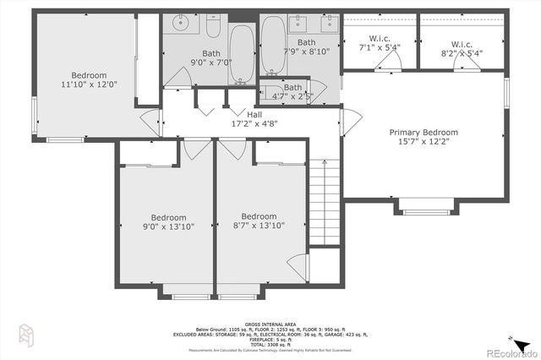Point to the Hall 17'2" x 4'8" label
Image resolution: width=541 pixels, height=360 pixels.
tap(254, 118)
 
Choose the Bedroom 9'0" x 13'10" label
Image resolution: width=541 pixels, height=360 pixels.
tap(167, 221)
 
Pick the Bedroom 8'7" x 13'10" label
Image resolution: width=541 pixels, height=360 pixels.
tap(258, 221)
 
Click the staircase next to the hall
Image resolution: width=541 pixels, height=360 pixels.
tap(324, 202)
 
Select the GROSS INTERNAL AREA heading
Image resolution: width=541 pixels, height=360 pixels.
tap(270, 324)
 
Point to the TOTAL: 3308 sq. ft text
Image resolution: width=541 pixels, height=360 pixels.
tap(270, 344)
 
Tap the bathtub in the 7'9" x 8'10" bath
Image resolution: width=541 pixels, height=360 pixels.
tap(272, 46)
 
